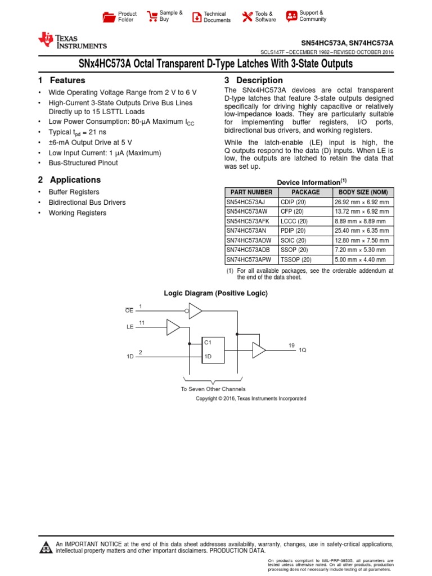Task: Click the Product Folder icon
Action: pyautogui.click(x=109, y=17)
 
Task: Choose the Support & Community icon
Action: pyautogui.click(x=291, y=16)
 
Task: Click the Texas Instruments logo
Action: pyautogui.click(x=72, y=40)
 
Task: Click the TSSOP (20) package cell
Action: pyautogui.click(x=295, y=260)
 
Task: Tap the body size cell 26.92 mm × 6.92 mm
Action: pyautogui.click(x=361, y=202)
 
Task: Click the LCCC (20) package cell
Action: pyautogui.click(x=293, y=221)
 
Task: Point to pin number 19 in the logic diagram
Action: pyautogui.click(x=291, y=345)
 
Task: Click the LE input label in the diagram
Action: pyautogui.click(x=130, y=327)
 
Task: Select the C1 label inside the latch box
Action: pyautogui.click(x=208, y=342)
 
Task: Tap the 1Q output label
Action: pyautogui.click(x=302, y=350)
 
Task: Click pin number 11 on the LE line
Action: pyautogui.click(x=142, y=322)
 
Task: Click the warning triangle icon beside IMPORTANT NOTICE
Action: pyautogui.click(x=45, y=548)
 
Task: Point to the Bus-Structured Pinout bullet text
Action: pyautogui.click(x=83, y=163)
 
